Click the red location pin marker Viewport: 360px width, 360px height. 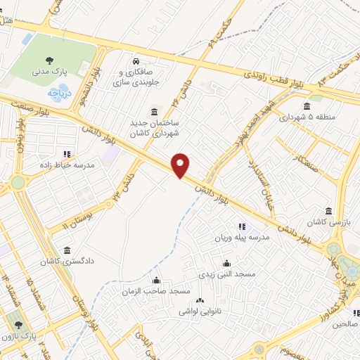point(181,165)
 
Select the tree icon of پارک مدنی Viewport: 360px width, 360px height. point(49,60)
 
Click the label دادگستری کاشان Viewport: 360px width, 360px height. point(67,261)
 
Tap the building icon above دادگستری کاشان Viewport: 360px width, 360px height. point(67,250)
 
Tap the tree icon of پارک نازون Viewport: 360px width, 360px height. point(18,326)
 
